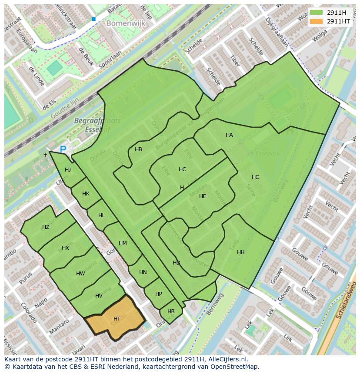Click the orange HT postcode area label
[x=117, y=319]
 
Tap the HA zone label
[x=229, y=135]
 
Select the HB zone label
[x=138, y=149]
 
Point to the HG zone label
[x=255, y=177]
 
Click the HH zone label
[x=240, y=252]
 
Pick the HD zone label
[x=176, y=263]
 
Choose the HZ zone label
[x=46, y=227]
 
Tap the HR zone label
[x=171, y=311]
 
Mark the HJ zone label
[x=68, y=170]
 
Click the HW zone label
[x=80, y=274]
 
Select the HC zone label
[x=182, y=169]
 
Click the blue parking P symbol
[x=63, y=150]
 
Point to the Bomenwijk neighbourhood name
[x=126, y=24]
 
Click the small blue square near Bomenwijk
[x=93, y=19]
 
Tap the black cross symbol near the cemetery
[x=45, y=155]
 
